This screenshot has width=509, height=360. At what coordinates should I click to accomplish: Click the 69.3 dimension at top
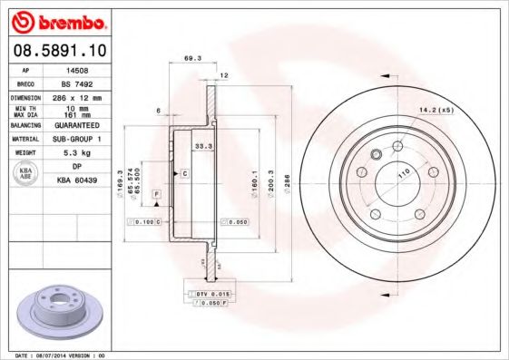click(x=191, y=58)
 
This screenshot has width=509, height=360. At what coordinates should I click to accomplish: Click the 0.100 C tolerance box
click(x=145, y=221)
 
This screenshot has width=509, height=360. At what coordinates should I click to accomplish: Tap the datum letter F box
click(x=156, y=195)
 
